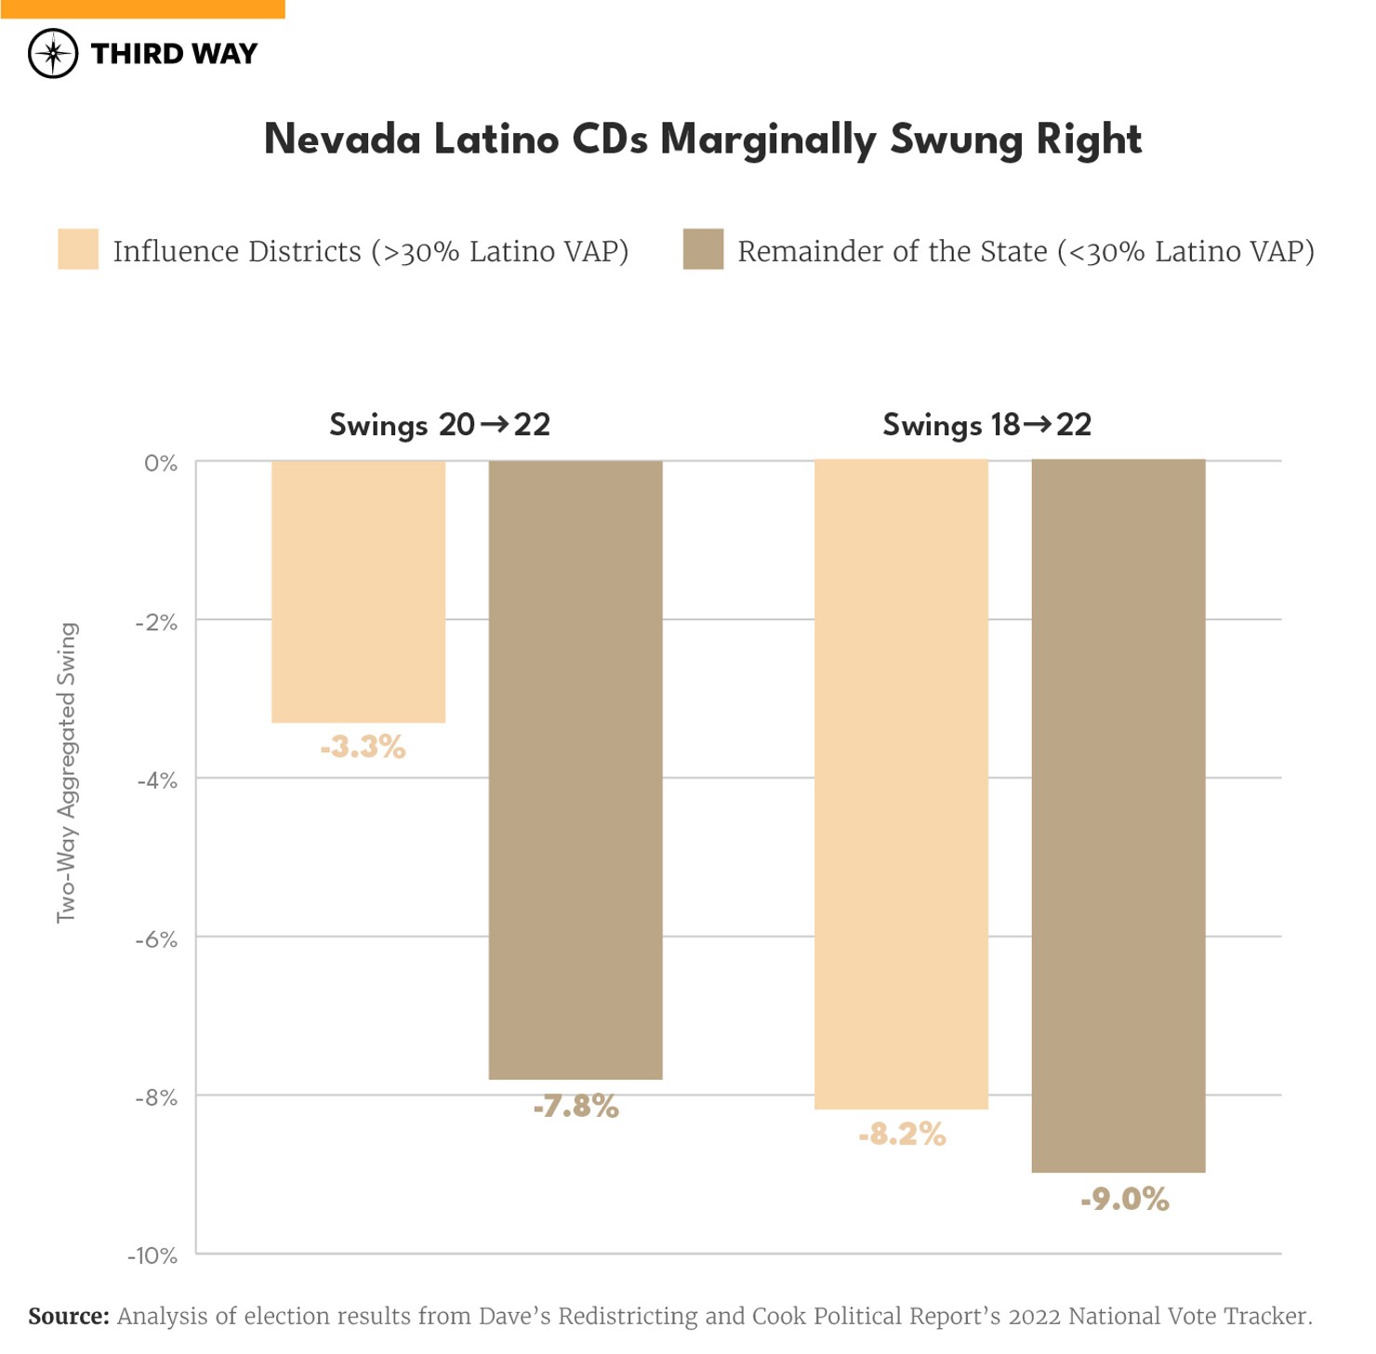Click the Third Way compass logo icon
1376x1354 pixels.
(x=53, y=53)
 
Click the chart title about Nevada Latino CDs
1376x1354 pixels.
(x=702, y=140)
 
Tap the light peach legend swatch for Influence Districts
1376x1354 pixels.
(x=78, y=249)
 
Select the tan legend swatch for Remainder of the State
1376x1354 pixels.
(x=703, y=249)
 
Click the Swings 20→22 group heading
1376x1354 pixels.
(x=440, y=425)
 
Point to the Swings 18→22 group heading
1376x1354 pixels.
(x=986, y=425)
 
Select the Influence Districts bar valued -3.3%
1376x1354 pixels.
(x=358, y=591)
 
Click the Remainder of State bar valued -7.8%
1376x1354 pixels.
(x=576, y=770)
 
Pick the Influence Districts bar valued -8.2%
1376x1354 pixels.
(x=901, y=784)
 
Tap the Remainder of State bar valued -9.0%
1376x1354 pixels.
(x=1118, y=816)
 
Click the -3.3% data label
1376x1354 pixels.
(x=363, y=747)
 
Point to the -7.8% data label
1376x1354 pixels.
(x=576, y=1106)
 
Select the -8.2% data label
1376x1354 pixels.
(x=902, y=1134)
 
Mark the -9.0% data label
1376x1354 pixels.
(x=1124, y=1199)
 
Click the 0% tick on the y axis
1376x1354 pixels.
(x=160, y=463)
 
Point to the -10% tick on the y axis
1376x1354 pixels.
(x=152, y=1255)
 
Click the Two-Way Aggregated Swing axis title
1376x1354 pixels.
(x=67, y=773)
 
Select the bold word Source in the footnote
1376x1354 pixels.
(x=68, y=1316)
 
